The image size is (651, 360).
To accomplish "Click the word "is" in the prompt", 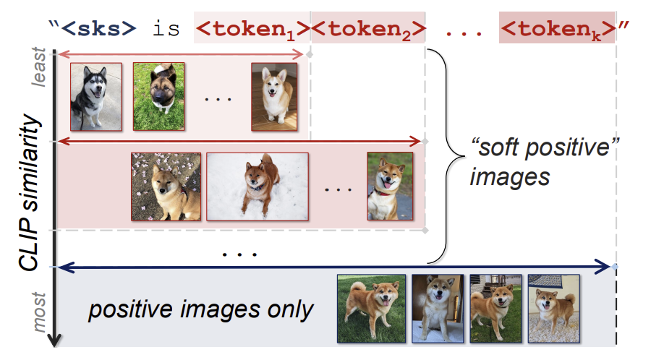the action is click(x=164, y=30).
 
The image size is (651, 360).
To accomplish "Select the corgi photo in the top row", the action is click(x=274, y=96).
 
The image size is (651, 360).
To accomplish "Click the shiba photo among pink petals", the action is click(x=166, y=186).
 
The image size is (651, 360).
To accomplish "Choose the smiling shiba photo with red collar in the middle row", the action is click(x=389, y=186).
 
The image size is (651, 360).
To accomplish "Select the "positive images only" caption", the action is click(x=201, y=310).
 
